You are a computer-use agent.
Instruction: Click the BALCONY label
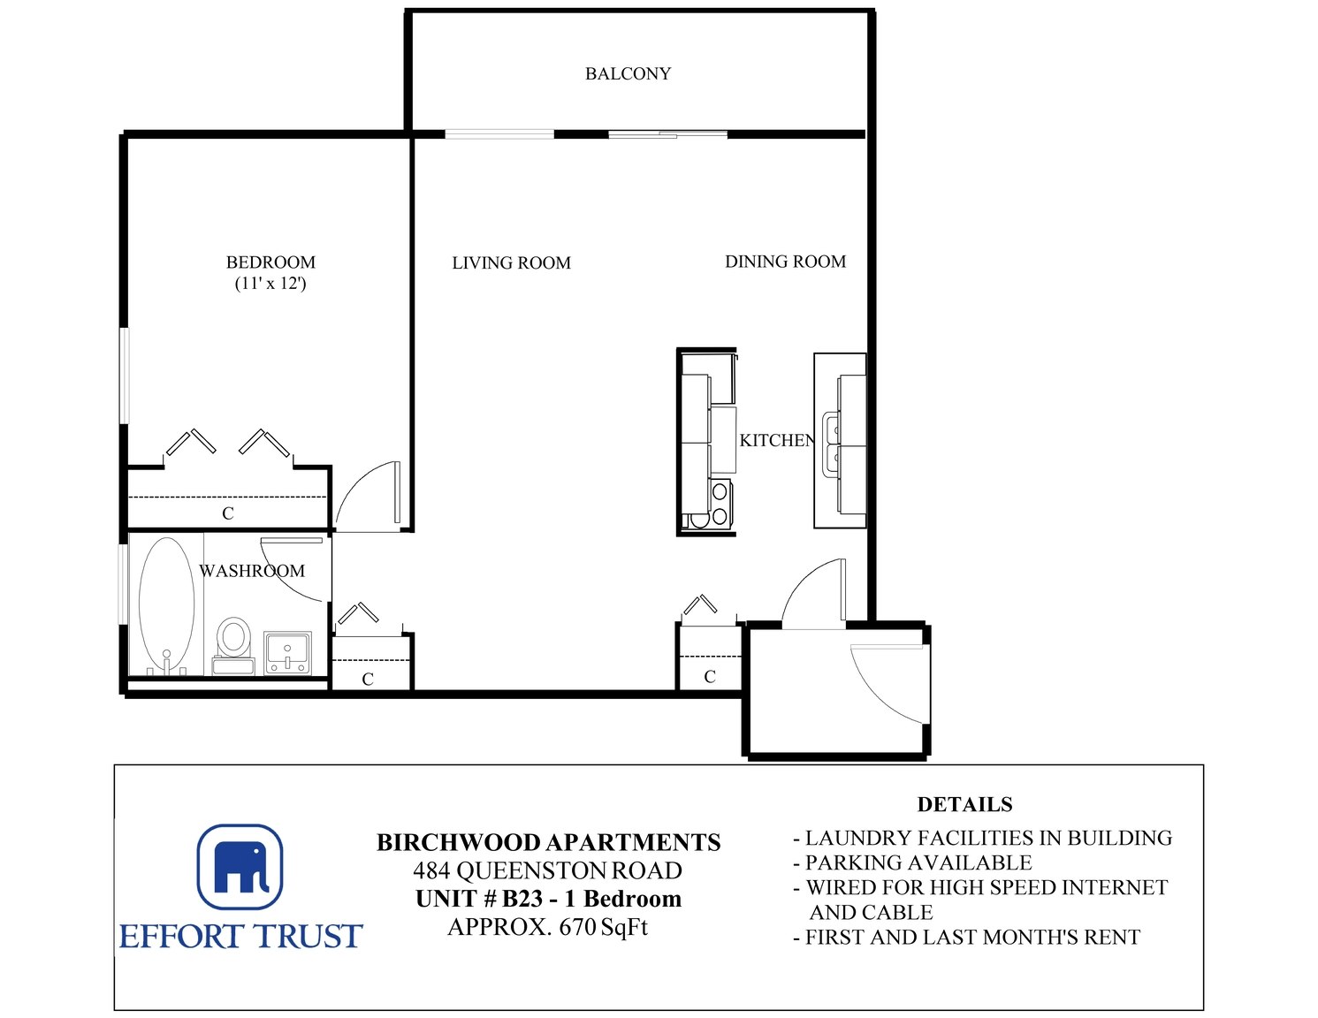(628, 73)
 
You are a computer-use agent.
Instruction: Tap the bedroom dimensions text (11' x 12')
(270, 283)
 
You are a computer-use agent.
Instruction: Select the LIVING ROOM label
(511, 262)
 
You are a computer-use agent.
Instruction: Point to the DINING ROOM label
(786, 262)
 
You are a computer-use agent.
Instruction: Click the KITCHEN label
(776, 440)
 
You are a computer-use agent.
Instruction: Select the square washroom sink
(287, 653)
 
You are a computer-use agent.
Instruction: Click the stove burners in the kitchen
(720, 504)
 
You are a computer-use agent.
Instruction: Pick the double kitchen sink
(831, 444)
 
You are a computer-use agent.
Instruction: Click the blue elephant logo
(240, 866)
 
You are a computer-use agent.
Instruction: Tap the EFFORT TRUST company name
(240, 936)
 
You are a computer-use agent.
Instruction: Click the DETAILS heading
(965, 804)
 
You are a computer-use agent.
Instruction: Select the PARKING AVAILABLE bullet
(913, 862)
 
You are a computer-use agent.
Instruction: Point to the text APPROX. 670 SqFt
(548, 927)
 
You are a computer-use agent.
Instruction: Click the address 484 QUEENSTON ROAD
(548, 870)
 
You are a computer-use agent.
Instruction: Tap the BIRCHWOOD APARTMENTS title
(549, 843)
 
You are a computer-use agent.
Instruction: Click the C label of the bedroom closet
(228, 513)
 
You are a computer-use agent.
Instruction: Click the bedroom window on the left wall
(125, 376)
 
